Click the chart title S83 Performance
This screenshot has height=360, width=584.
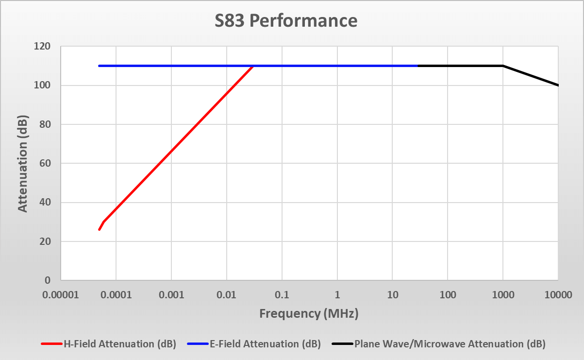click(x=286, y=21)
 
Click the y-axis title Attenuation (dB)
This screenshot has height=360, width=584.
click(x=22, y=164)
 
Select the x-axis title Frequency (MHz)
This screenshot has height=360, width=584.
click(x=309, y=313)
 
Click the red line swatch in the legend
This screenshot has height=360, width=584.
click(x=51, y=344)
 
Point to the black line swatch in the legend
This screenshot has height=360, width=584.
click(x=342, y=344)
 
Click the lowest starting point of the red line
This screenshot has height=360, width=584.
click(x=99, y=229)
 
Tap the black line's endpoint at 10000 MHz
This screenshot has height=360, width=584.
click(x=558, y=86)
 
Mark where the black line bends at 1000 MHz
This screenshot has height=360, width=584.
click(x=503, y=66)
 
